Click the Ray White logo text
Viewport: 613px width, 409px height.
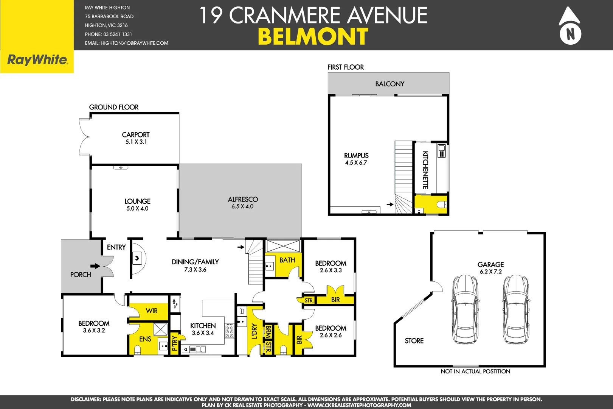tap(37, 60)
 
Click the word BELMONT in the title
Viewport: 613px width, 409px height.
tap(313, 37)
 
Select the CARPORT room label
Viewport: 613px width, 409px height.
tap(136, 135)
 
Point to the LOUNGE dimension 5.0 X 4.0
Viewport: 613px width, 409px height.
tap(137, 209)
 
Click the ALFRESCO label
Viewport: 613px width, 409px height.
tap(243, 200)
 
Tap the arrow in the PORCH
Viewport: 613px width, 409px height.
tap(95, 266)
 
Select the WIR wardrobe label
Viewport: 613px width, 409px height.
tap(152, 311)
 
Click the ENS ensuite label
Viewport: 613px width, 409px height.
tap(145, 339)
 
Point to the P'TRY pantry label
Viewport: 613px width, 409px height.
tap(174, 343)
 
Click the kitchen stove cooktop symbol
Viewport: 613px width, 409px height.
tap(230, 331)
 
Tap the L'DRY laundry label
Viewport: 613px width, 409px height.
tap(255, 331)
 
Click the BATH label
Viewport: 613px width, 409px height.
tap(287, 260)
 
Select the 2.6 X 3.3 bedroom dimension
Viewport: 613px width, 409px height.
tap(331, 270)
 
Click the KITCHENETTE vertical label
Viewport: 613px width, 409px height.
tap(425, 170)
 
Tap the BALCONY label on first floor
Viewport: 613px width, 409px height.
tap(390, 84)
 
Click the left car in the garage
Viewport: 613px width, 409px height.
tap(465, 309)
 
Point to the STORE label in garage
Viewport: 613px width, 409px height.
tap(414, 341)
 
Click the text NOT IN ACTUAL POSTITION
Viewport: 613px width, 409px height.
tap(475, 372)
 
